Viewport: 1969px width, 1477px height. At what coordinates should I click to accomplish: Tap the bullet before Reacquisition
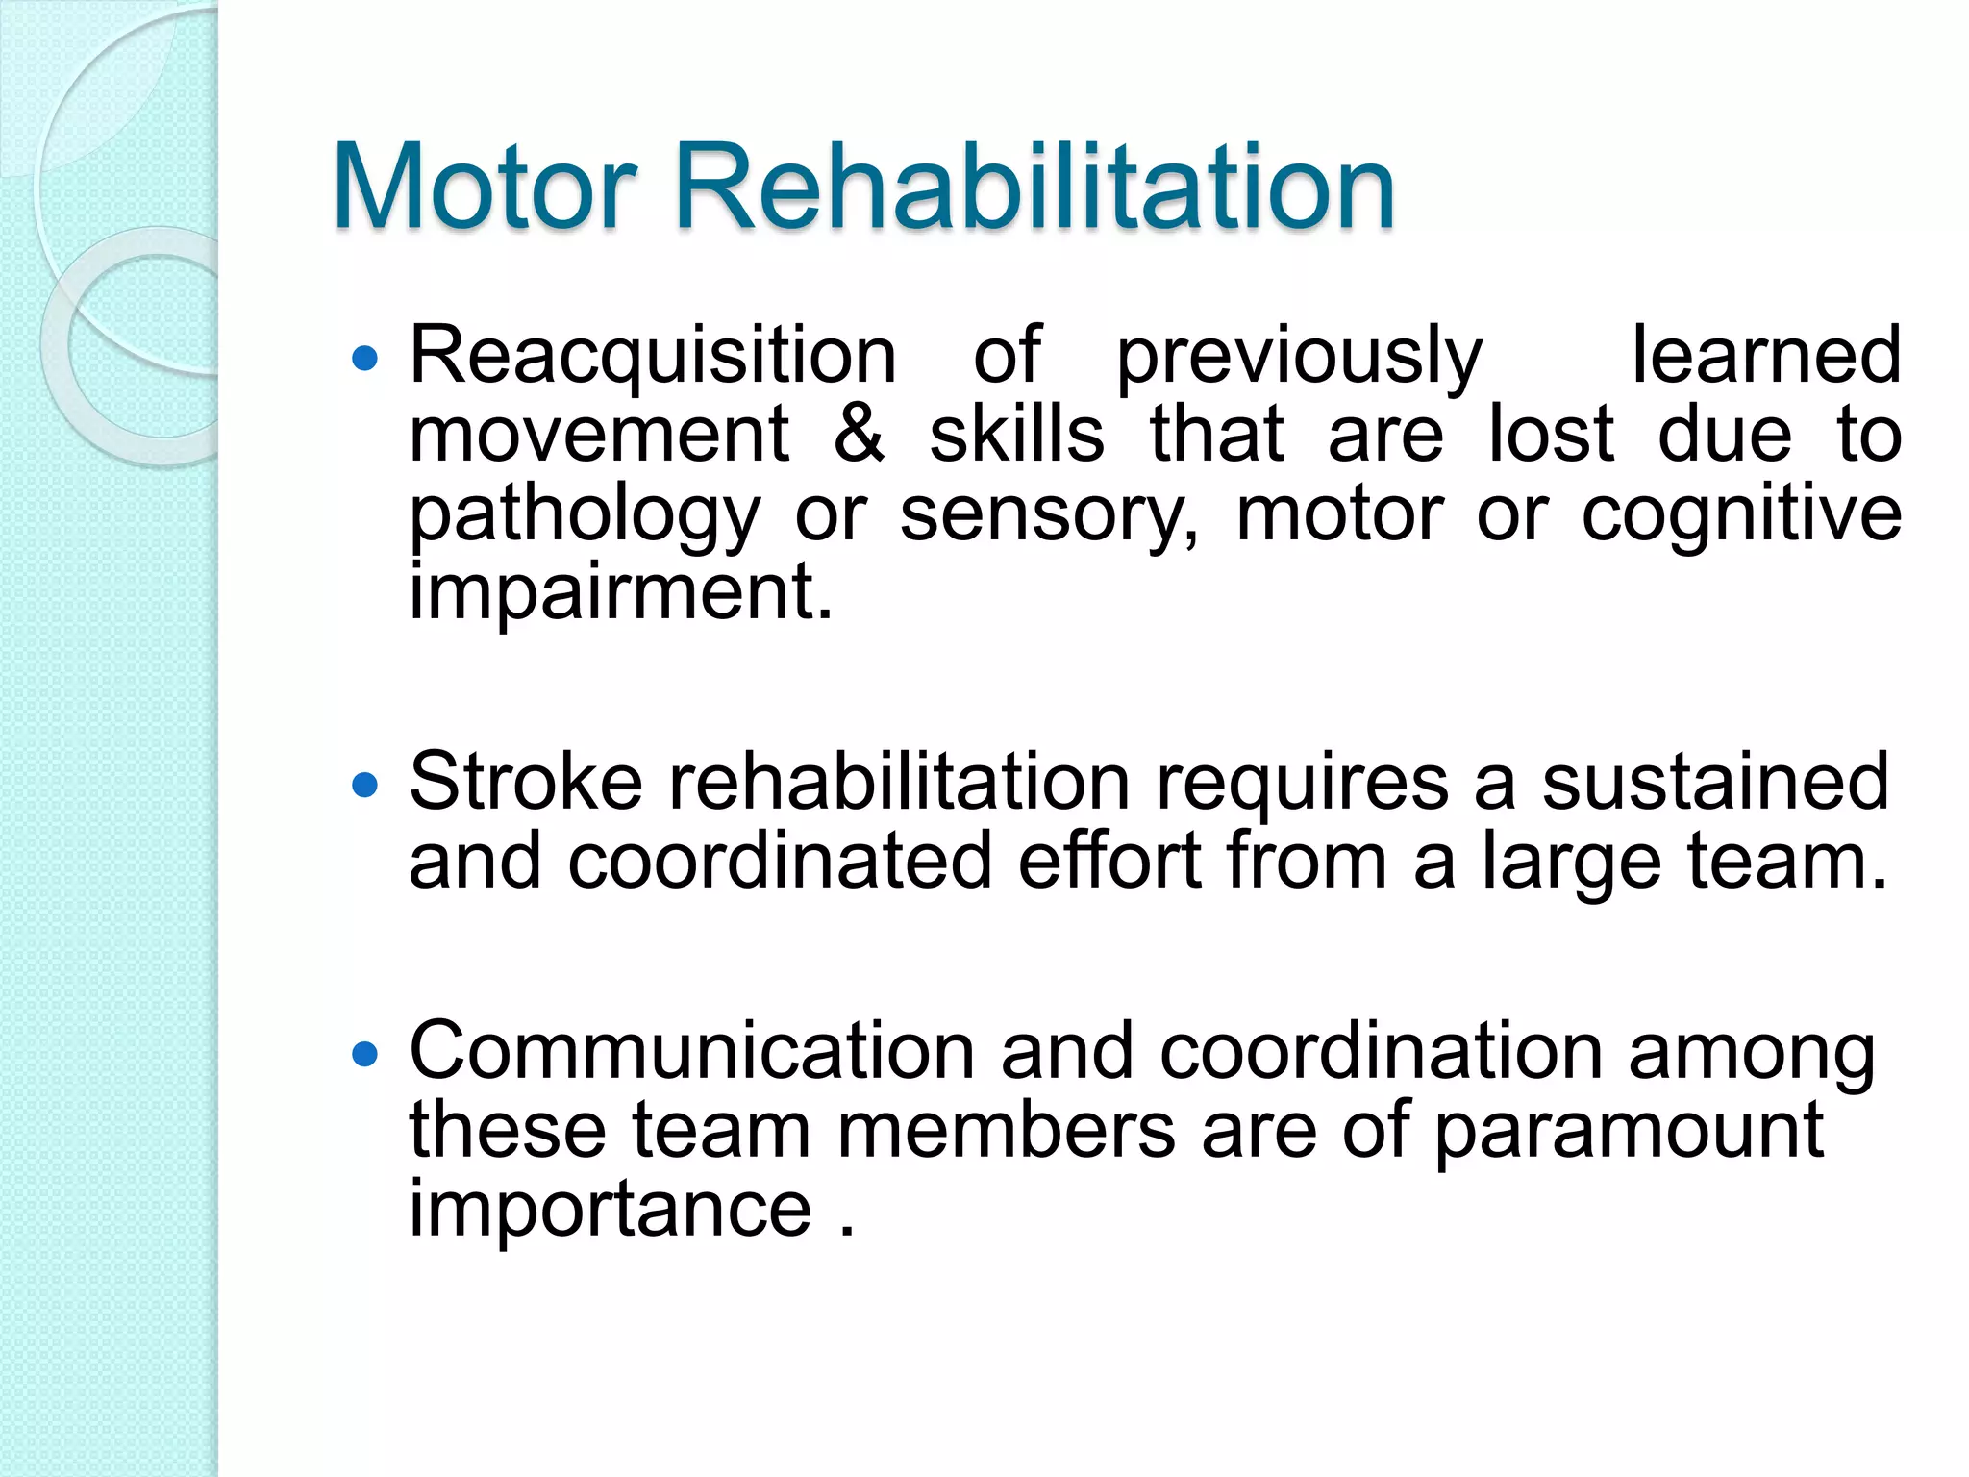coord(365,361)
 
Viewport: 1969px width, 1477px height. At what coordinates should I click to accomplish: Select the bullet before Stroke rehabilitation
coord(365,787)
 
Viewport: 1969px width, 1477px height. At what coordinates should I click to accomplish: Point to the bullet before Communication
coord(365,1056)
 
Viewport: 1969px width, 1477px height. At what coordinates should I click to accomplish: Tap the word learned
coord(1766,356)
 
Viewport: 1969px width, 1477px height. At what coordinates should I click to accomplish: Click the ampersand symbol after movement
coord(859,435)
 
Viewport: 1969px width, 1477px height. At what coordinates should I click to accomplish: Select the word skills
coord(1016,435)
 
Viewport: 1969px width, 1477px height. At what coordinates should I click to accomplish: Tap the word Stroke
coord(525,782)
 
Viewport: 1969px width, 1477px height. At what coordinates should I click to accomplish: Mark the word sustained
coord(1716,782)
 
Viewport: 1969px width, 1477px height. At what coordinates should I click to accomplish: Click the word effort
coord(1109,861)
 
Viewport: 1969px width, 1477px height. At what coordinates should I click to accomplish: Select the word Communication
coord(692,1051)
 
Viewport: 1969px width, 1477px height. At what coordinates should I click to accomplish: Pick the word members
coord(1006,1130)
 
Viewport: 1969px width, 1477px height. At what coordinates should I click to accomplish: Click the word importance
coord(611,1210)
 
